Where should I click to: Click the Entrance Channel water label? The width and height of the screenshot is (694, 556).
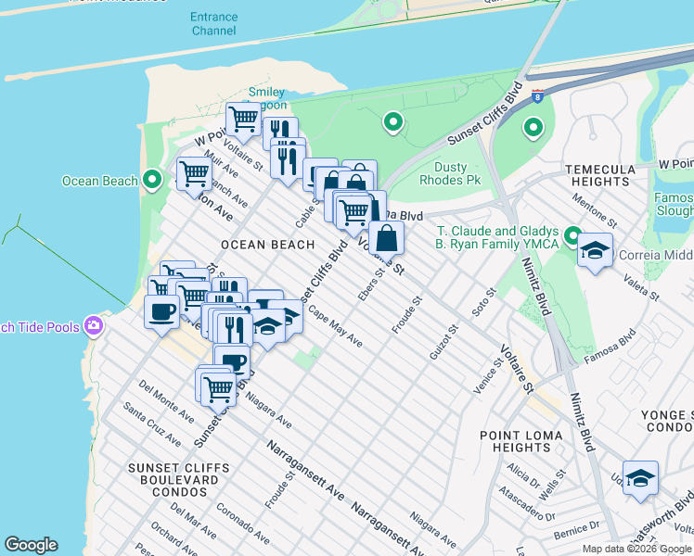213,23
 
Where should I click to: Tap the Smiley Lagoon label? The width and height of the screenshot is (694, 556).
266,98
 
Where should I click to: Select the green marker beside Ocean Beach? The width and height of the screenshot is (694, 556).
153,181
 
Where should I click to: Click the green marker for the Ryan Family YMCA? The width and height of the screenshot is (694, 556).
572,237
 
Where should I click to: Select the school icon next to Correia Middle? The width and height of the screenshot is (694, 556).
595,250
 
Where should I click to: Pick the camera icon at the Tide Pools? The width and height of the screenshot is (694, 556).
93,326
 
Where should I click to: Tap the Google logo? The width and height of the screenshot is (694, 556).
31,545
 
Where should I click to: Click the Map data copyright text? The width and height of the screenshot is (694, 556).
636,549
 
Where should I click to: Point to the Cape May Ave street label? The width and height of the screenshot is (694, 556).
336,327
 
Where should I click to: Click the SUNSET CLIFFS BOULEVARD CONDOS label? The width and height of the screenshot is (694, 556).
174,467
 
